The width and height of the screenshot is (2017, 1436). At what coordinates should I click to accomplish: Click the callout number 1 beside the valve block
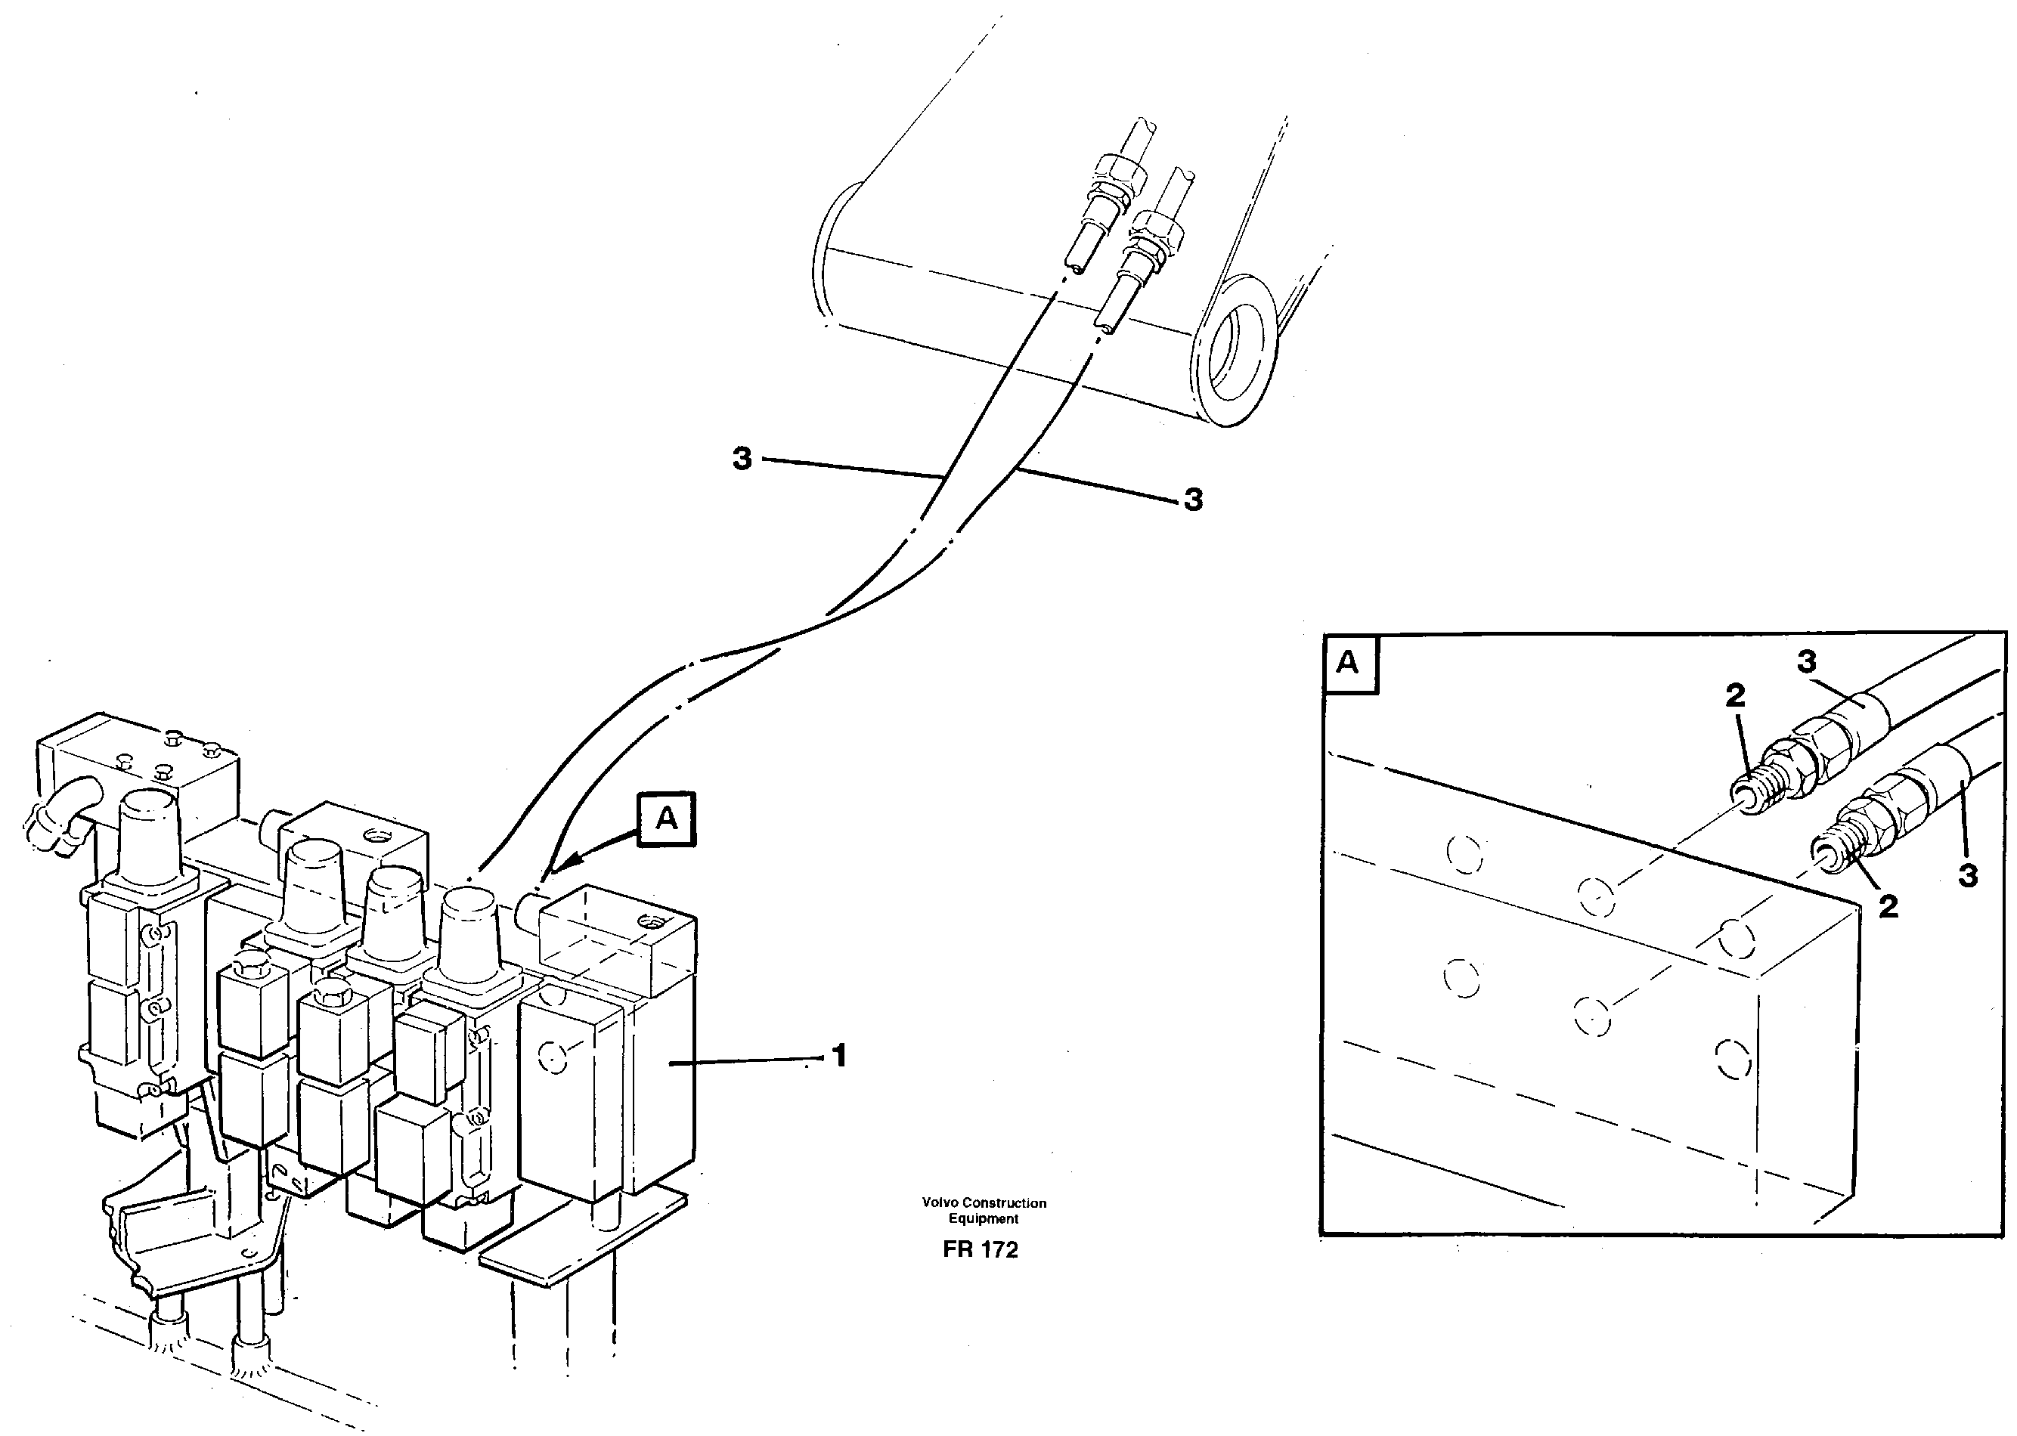pos(839,1055)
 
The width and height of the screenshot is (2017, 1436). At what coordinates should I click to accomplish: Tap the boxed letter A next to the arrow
pos(667,819)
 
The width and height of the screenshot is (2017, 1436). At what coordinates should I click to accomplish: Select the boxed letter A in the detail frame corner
pos(1348,663)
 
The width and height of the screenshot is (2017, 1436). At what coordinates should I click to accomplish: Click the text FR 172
pos(980,1249)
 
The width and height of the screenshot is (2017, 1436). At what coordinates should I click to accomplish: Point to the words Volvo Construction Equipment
pos(984,1211)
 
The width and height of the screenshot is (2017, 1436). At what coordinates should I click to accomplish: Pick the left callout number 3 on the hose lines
pos(742,459)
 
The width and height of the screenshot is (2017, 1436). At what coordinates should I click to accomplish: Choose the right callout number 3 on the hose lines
pos(1193,500)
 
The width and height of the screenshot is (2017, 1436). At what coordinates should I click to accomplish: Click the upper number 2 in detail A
pos(1735,696)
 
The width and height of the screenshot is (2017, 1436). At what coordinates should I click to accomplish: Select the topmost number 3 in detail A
pos(1807,661)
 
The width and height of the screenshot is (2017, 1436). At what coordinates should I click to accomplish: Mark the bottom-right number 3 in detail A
pos(1969,875)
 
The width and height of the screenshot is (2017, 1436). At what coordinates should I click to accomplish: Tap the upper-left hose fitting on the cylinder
pos(1108,190)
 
